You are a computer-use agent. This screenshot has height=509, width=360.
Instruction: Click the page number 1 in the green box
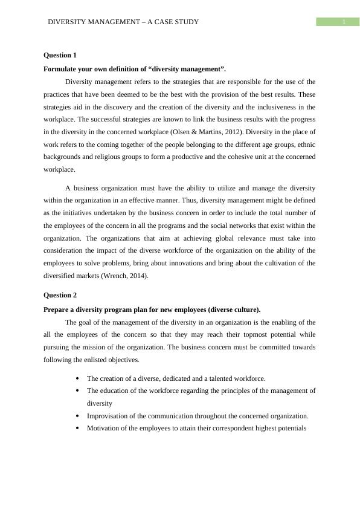point(343,22)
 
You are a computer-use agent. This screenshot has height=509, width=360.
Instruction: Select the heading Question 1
point(60,55)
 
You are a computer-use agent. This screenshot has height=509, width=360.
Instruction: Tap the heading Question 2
point(60,295)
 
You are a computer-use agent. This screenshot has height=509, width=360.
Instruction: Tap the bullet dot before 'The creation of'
point(78,379)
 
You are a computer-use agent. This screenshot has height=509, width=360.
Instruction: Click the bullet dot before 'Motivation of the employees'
point(78,429)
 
